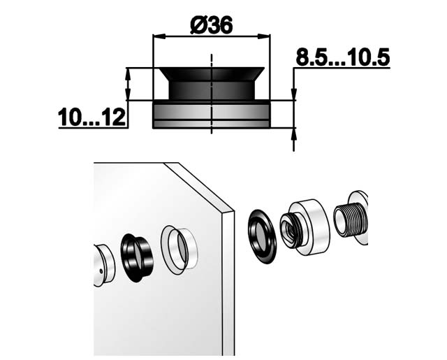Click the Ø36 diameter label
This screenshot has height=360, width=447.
coord(212,24)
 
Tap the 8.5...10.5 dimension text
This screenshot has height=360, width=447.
coord(342,57)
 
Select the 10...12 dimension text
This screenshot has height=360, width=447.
coord(91,117)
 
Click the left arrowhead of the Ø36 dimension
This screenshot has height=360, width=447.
coord(159,36)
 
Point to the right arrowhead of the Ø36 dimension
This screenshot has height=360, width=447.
coord(264,36)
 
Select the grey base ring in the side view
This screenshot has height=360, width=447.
coord(212,115)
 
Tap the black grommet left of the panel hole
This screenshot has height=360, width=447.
coord(136,258)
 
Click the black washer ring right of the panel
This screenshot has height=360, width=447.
coord(262,236)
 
